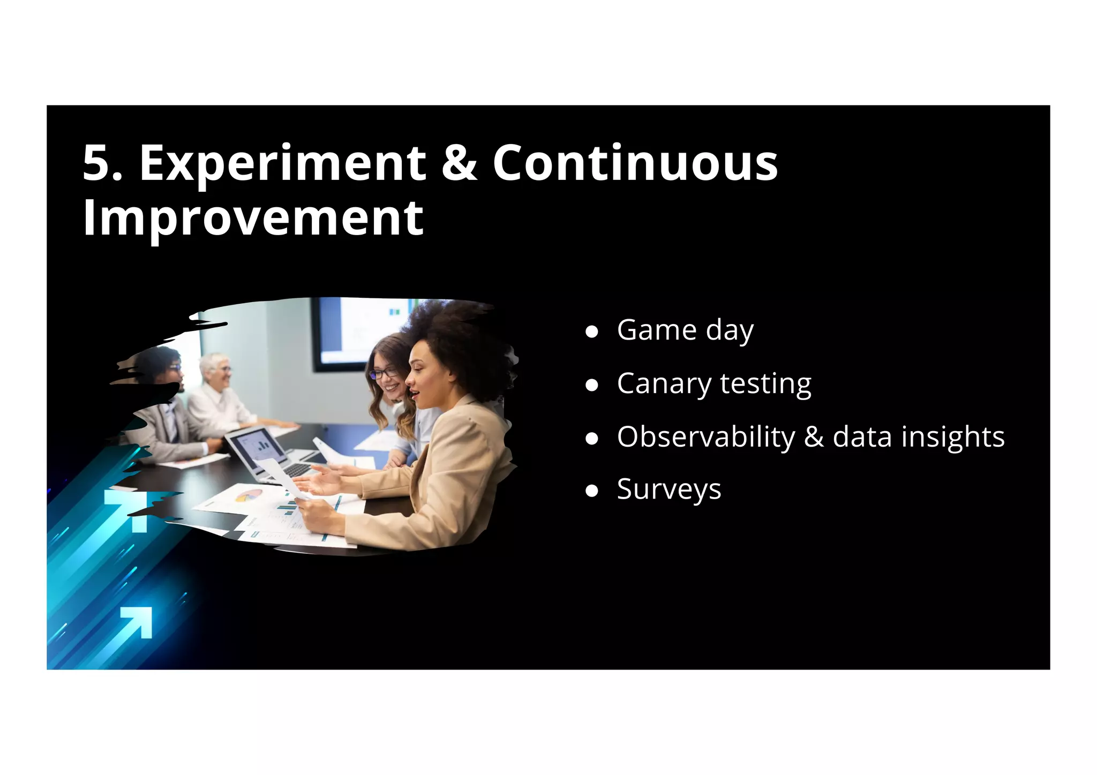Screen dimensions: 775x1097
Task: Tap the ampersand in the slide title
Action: (x=459, y=163)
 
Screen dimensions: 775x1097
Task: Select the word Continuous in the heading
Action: (x=635, y=163)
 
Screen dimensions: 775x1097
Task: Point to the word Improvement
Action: (x=253, y=217)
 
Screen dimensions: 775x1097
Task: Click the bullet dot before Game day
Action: (x=591, y=332)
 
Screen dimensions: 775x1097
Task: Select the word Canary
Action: (x=664, y=384)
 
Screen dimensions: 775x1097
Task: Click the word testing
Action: (x=765, y=384)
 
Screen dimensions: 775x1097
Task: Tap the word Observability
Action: (x=705, y=437)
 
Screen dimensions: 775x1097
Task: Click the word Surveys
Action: (x=668, y=490)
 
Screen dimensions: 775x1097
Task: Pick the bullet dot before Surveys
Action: (x=591, y=491)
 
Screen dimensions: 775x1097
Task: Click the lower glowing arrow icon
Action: (x=137, y=622)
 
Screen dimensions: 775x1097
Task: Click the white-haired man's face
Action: (x=220, y=370)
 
